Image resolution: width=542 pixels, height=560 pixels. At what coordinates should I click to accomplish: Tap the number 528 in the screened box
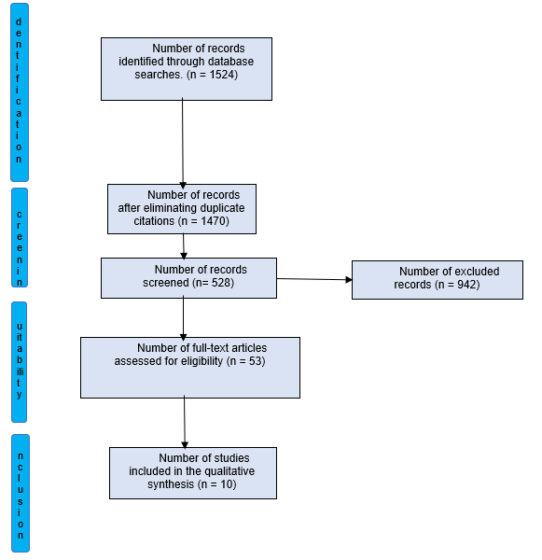click(221, 283)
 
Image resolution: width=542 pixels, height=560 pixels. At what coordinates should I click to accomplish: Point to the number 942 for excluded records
click(466, 285)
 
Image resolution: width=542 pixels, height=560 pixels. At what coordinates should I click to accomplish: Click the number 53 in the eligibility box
click(256, 361)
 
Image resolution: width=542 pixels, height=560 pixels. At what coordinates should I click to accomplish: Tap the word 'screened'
click(166, 283)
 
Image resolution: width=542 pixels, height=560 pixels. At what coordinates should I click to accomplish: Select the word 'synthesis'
click(172, 484)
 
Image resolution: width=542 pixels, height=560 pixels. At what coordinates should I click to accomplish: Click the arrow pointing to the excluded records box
click(314, 279)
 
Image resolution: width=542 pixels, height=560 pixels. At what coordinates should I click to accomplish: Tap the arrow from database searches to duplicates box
click(183, 143)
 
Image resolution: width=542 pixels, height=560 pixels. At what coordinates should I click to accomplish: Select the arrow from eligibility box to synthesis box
click(185, 422)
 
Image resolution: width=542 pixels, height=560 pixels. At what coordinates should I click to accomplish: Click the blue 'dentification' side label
click(20, 92)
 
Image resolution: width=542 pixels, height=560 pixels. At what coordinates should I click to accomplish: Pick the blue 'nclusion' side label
click(21, 493)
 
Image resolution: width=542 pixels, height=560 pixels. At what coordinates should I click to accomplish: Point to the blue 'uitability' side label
click(20, 362)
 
